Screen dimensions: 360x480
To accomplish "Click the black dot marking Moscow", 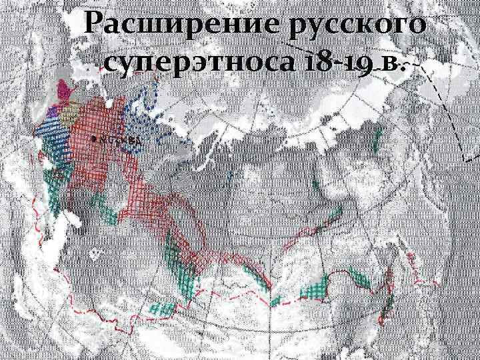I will [93, 139].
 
